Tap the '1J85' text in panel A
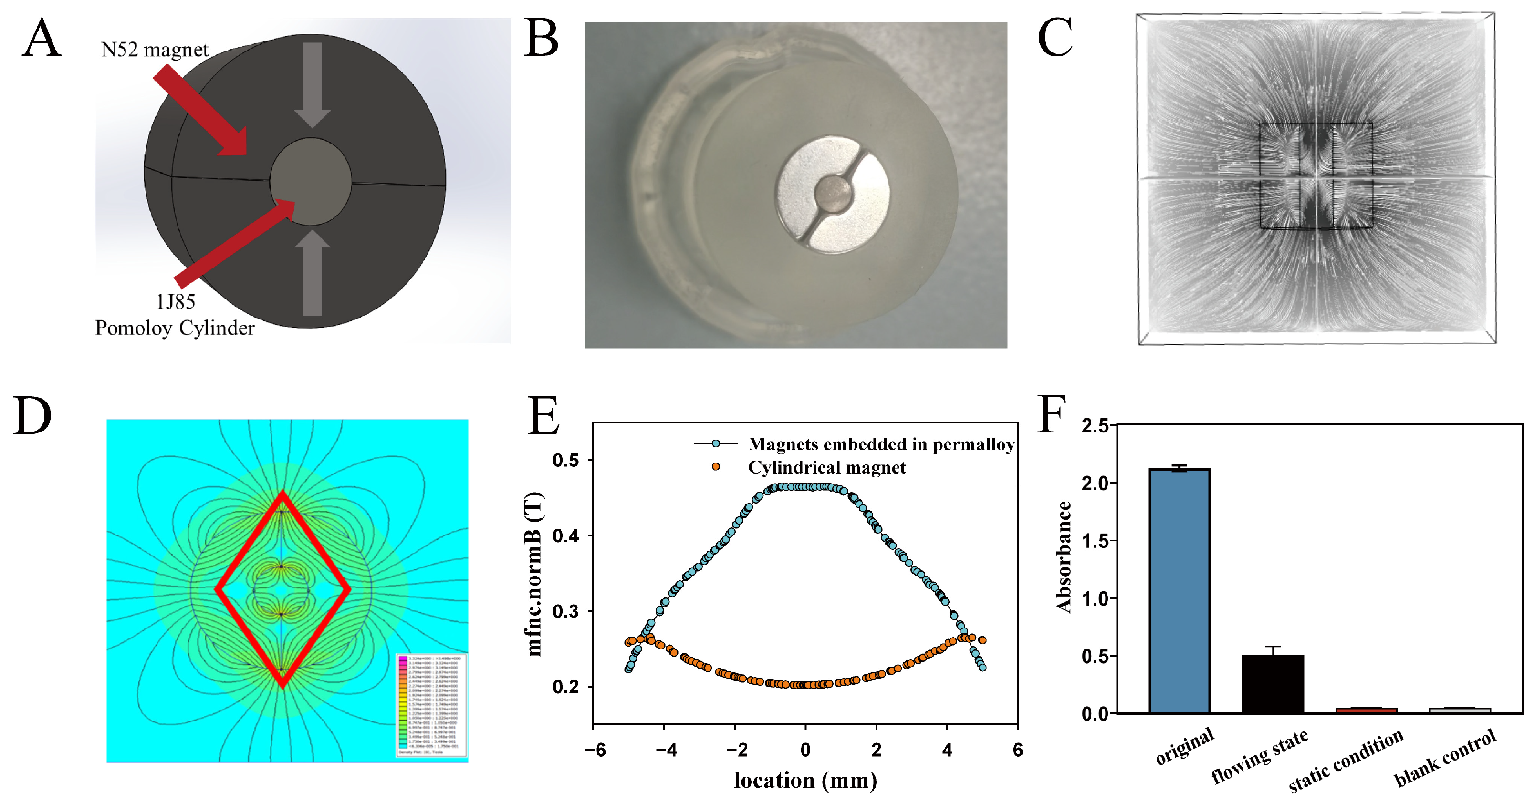[175, 302]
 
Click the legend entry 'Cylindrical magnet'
[826, 468]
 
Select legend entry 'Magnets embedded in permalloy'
[881, 444]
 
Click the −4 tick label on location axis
[666, 750]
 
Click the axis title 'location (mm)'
[805, 781]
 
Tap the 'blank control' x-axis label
[1444, 758]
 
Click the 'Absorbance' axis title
[1064, 557]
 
